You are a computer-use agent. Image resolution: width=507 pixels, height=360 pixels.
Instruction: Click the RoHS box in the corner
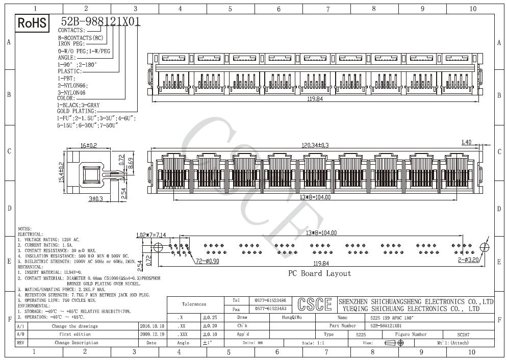pyautogui.click(x=32, y=22)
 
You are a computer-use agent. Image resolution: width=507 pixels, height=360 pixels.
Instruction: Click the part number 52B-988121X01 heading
pyautogui.click(x=100, y=21)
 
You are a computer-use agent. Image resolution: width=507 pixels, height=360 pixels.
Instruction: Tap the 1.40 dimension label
pyautogui.click(x=466, y=142)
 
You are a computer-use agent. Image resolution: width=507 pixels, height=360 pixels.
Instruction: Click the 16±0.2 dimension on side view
pyautogui.click(x=88, y=146)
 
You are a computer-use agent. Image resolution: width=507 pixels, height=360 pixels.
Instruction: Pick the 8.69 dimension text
pyautogui.click(x=131, y=164)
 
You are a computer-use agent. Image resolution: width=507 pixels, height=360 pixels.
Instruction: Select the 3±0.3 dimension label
pyautogui.click(x=95, y=198)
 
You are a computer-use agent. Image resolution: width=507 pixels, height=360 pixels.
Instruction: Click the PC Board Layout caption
pyautogui.click(x=319, y=273)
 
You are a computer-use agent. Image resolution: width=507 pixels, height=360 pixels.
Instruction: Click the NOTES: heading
pyautogui.click(x=24, y=229)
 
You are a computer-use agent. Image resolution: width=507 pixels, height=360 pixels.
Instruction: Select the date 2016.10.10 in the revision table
pyautogui.click(x=152, y=326)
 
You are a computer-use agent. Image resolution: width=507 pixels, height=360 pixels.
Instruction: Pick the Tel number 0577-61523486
pyautogui.click(x=270, y=300)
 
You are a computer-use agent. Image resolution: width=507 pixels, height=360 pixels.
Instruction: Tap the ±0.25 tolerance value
pyautogui.click(x=210, y=317)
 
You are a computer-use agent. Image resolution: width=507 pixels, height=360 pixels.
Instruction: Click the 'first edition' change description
pyautogui.click(x=75, y=334)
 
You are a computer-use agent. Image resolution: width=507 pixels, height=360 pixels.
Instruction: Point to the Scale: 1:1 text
pyautogui.click(x=314, y=343)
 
